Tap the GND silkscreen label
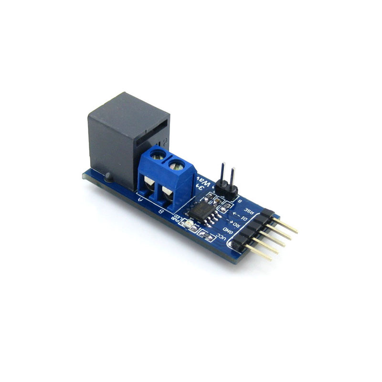pos(229,231)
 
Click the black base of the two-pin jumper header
pos(225,190)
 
